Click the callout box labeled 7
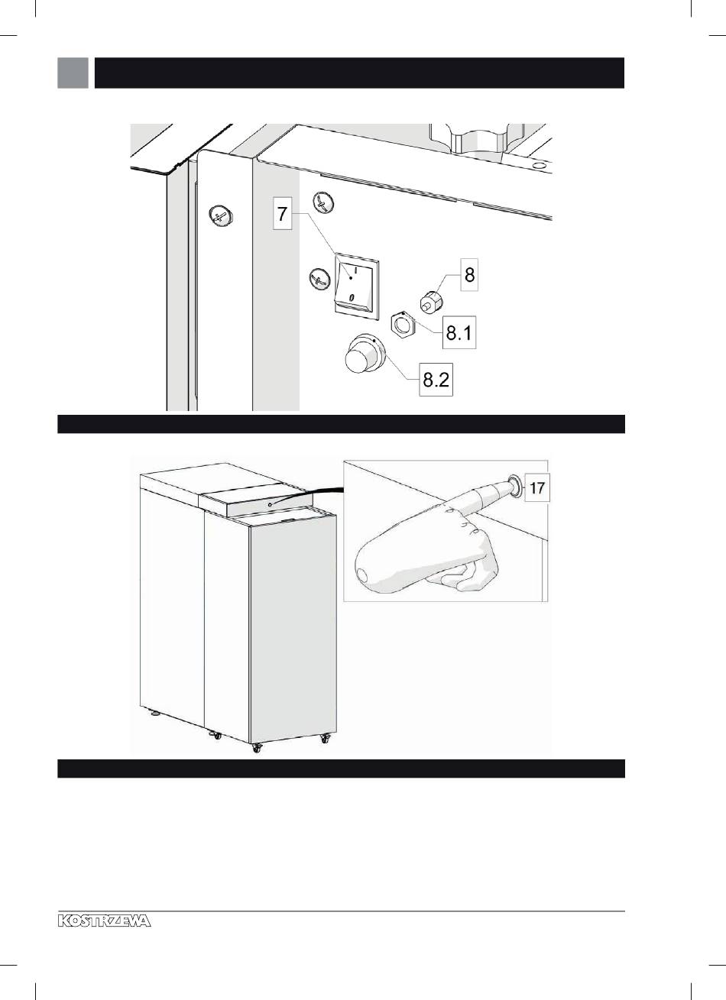(282, 214)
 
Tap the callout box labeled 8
(469, 274)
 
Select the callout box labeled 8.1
(459, 332)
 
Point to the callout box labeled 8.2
(436, 380)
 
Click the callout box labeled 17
(536, 487)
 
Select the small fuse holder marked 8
(431, 300)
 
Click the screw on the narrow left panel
(221, 216)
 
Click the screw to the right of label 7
(323, 202)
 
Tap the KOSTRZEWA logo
(104, 921)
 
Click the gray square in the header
(73, 73)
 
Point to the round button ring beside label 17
(515, 487)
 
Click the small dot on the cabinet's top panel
(271, 504)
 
